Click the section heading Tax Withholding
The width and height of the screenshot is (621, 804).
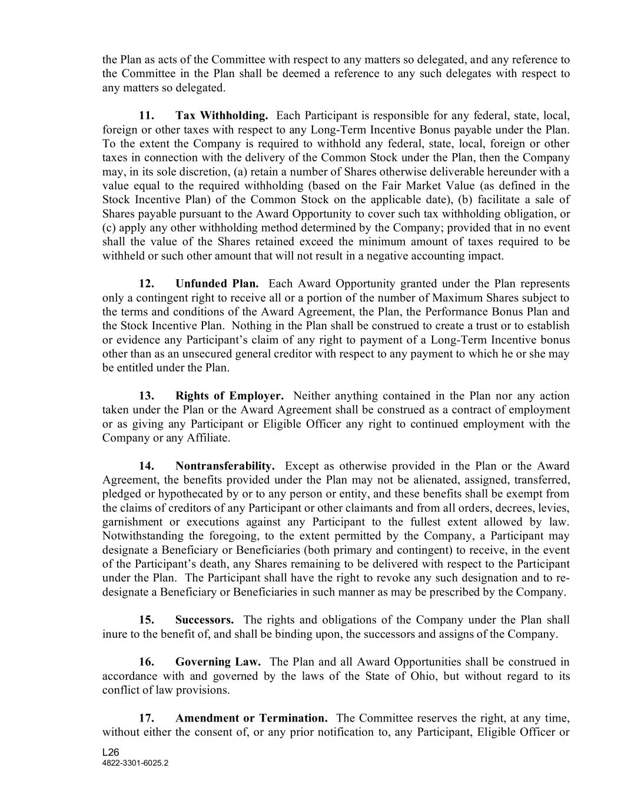(222, 115)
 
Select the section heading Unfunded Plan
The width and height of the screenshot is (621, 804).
(217, 284)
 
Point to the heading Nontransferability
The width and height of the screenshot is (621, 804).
(225, 466)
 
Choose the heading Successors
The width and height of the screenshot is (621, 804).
(204, 620)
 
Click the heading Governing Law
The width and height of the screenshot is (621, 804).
(218, 662)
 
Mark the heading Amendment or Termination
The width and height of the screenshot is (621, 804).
(251, 718)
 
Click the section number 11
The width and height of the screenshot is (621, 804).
(147, 115)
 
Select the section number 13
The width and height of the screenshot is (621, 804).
(147, 396)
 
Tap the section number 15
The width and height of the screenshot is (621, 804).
(147, 620)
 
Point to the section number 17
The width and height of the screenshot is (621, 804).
(147, 718)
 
